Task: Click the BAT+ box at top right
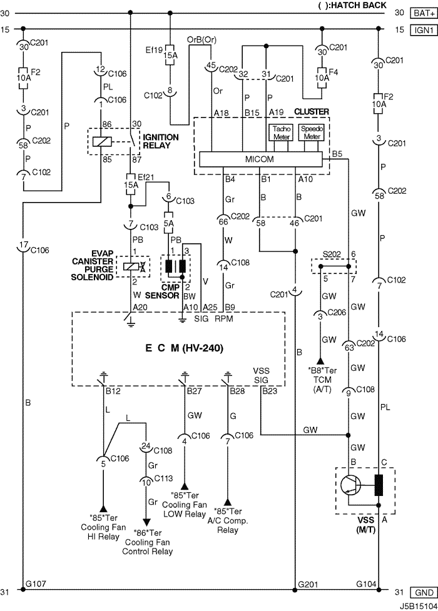[x=424, y=13]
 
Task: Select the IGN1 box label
[x=424, y=29]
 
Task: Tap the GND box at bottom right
[x=424, y=593]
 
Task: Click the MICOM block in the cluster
[x=260, y=159]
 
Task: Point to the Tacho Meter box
[x=281, y=133]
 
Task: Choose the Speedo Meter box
[x=312, y=133]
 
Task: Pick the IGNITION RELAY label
[x=160, y=141]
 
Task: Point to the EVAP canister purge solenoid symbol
[x=133, y=267]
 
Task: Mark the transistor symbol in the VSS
[x=349, y=485]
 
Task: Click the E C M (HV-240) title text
[x=185, y=348]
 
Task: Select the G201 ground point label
[x=308, y=585]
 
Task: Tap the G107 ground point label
[x=36, y=583]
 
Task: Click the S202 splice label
[x=331, y=255]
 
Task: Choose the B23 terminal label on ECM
[x=270, y=391]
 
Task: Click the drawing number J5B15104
[x=418, y=607]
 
